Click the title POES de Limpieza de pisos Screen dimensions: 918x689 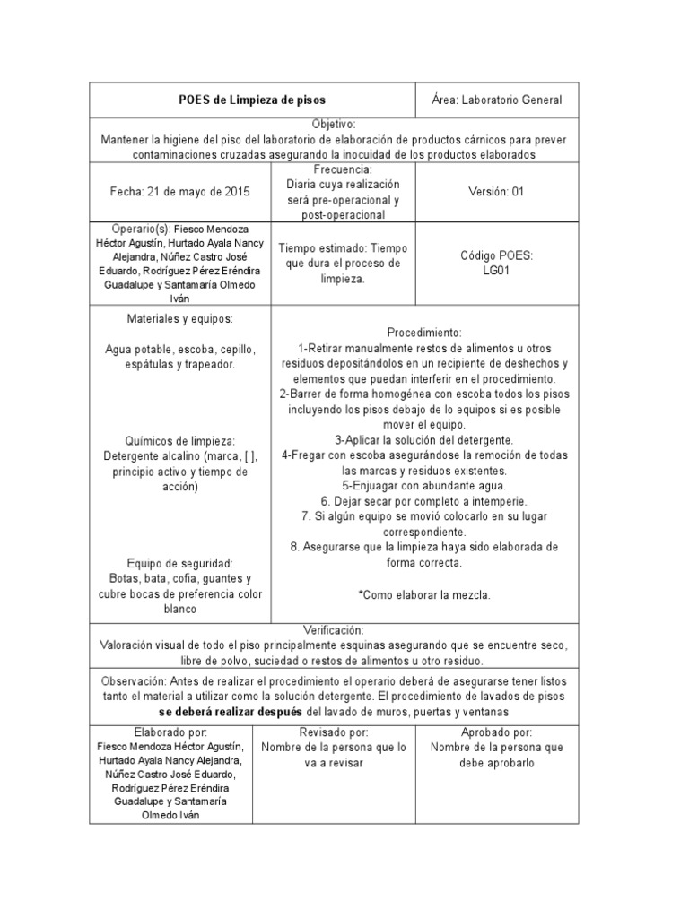coord(252,100)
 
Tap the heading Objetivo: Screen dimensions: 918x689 coord(335,124)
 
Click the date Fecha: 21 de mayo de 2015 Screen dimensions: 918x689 coord(180,192)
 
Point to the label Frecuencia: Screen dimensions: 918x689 coord(343,169)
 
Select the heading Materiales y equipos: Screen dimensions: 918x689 coord(180,318)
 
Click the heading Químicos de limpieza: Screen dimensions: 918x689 coord(180,441)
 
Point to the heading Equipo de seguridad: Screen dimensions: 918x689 coord(180,563)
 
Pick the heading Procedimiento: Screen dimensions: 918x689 coord(424,332)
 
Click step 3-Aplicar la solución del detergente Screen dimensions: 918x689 coord(424,440)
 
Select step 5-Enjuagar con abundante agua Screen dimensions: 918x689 coord(424,486)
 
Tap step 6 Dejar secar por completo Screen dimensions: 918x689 coord(424,501)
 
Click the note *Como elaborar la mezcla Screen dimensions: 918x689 coord(424,595)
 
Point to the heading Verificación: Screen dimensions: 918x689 coord(335,630)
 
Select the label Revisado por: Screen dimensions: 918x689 coord(335,732)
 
